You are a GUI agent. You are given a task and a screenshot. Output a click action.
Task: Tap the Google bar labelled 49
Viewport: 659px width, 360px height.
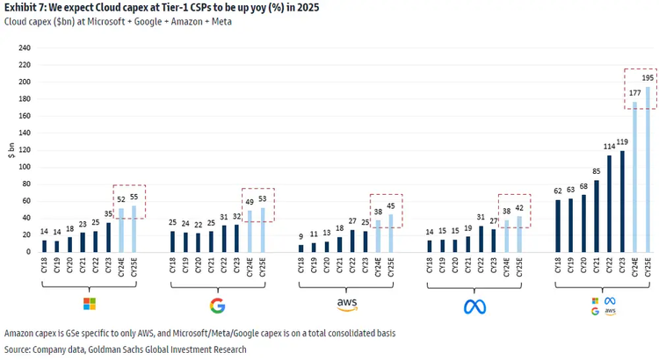[x=250, y=232]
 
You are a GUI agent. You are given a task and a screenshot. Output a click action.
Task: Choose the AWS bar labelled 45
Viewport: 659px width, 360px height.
[x=390, y=234]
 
